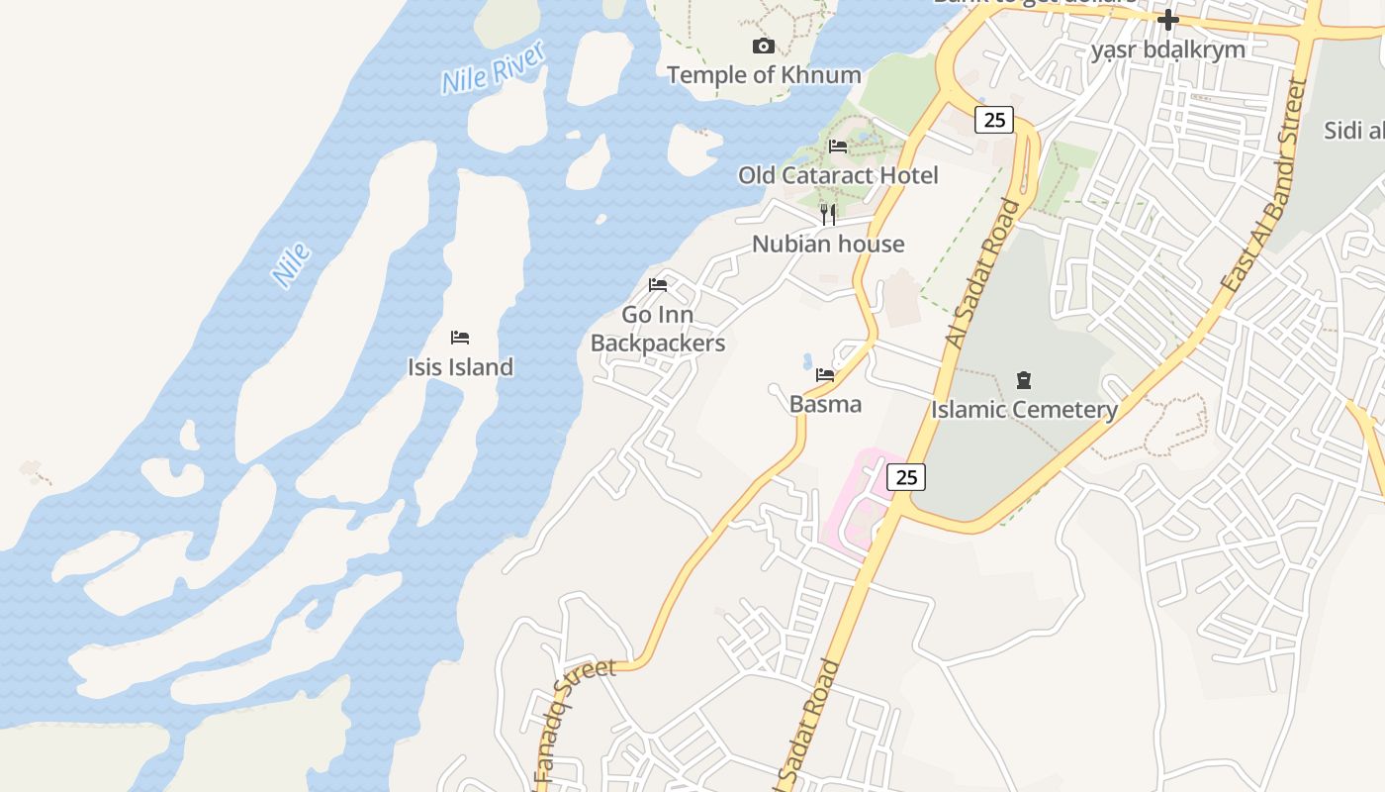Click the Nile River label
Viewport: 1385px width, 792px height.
(493, 68)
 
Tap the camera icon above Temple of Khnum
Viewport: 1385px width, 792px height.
(763, 47)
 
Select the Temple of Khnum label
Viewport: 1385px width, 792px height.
(763, 74)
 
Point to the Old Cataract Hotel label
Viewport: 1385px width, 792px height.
(838, 175)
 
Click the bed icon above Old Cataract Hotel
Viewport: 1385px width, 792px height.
(838, 147)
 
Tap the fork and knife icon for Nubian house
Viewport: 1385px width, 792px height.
(828, 214)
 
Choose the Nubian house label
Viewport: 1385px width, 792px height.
(828, 244)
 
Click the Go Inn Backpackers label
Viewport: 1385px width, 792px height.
(658, 329)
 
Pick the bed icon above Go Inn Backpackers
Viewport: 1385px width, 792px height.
(658, 285)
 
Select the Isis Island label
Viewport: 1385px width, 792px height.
(460, 366)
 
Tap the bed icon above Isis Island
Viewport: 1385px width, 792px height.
(460, 338)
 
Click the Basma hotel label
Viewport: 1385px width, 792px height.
(825, 404)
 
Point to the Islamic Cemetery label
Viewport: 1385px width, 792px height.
(1024, 409)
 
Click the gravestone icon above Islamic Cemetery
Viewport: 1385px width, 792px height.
(1024, 380)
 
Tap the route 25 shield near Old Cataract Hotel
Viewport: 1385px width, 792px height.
(994, 121)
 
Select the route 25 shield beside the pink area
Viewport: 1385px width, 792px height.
(905, 477)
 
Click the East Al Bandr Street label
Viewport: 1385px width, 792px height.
(1266, 183)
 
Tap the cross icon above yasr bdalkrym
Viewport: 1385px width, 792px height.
(1168, 20)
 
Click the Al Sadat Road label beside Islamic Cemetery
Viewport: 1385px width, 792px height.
(982, 272)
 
